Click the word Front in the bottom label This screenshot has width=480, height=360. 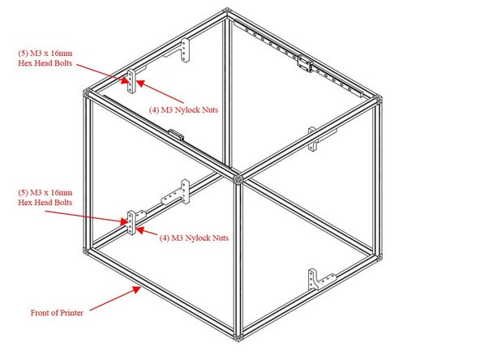40,311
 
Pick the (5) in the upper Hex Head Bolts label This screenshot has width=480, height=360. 24,54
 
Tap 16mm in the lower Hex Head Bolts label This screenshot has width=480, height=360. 67,192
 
